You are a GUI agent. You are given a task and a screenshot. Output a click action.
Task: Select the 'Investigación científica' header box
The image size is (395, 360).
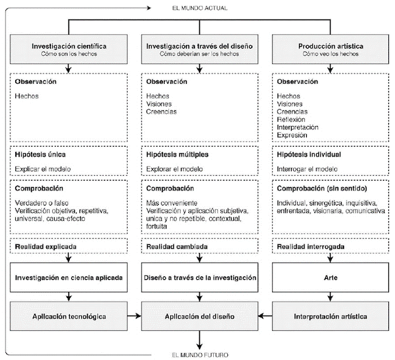[68, 49]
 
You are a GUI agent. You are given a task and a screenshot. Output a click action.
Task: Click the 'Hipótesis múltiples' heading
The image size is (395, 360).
[175, 154]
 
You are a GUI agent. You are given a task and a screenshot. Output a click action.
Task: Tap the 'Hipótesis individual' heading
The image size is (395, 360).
[309, 154]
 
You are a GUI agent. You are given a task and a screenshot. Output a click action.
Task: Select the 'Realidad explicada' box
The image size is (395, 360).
[68, 247]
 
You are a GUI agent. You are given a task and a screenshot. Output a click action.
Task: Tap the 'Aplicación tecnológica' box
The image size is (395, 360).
[68, 316]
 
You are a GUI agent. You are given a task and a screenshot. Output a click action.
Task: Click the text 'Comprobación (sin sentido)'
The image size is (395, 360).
[317, 189]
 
